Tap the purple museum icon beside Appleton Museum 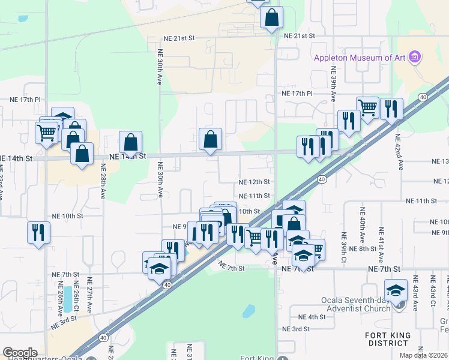[x=414, y=58]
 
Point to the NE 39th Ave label [x=333, y=82]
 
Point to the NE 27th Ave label [x=89, y=295]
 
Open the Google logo [x=20, y=353]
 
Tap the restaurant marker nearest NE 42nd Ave [x=391, y=110]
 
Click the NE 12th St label [x=254, y=182]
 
